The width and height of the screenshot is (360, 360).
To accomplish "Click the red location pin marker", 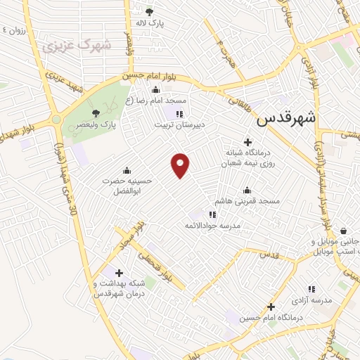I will tap(181, 164).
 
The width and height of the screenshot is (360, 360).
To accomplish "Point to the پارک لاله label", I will tap(150, 23).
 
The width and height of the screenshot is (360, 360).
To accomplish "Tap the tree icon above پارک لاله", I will tap(148, 12).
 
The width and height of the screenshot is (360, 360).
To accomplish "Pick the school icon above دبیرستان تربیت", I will tap(180, 113).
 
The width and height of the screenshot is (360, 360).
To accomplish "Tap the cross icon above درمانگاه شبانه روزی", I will tap(247, 141).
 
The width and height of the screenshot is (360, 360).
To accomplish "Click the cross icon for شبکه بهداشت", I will tap(118, 273).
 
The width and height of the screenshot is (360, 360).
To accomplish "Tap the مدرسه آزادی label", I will tap(312, 300).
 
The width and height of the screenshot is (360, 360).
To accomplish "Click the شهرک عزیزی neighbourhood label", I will tap(77, 46).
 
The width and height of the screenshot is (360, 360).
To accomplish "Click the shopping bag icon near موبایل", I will tap(343, 231).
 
